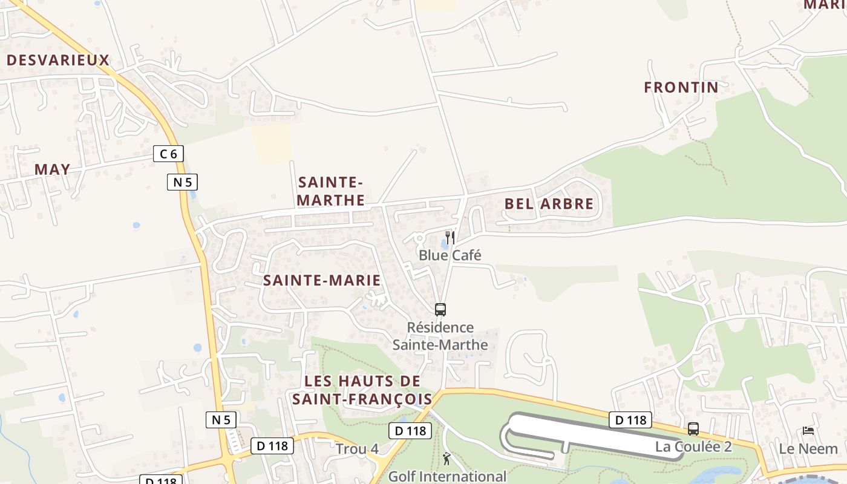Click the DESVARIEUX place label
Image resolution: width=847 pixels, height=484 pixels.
click(x=58, y=60)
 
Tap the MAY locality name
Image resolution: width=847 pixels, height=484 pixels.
click(x=52, y=170)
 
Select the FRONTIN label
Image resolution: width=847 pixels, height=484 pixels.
click(x=681, y=88)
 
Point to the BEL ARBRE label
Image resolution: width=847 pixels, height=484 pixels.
click(x=549, y=204)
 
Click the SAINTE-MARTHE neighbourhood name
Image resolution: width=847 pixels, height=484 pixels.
click(x=331, y=191)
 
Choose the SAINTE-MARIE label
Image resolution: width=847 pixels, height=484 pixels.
click(x=322, y=280)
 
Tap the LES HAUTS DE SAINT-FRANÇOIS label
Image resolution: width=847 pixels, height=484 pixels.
click(x=362, y=390)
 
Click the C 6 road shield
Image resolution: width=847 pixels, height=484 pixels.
click(x=168, y=154)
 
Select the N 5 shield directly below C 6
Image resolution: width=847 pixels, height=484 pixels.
click(x=182, y=182)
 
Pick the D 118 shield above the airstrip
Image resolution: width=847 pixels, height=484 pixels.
click(x=630, y=420)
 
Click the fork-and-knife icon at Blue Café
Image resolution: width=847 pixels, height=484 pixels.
click(x=450, y=237)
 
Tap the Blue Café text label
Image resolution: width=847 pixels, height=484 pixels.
click(x=450, y=255)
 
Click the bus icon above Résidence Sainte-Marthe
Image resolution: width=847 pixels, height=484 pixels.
click(x=440, y=310)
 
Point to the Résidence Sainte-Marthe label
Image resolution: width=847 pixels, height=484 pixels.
click(x=440, y=336)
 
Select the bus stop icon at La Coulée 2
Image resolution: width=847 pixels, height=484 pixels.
click(x=693, y=429)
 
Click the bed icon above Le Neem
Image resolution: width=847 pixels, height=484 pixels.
click(x=808, y=431)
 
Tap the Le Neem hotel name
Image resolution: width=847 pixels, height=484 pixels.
click(x=808, y=449)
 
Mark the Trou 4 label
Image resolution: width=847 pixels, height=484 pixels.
click(x=357, y=449)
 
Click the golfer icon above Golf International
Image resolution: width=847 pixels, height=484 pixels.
click(x=446, y=459)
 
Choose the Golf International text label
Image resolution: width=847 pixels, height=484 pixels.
click(x=447, y=476)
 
